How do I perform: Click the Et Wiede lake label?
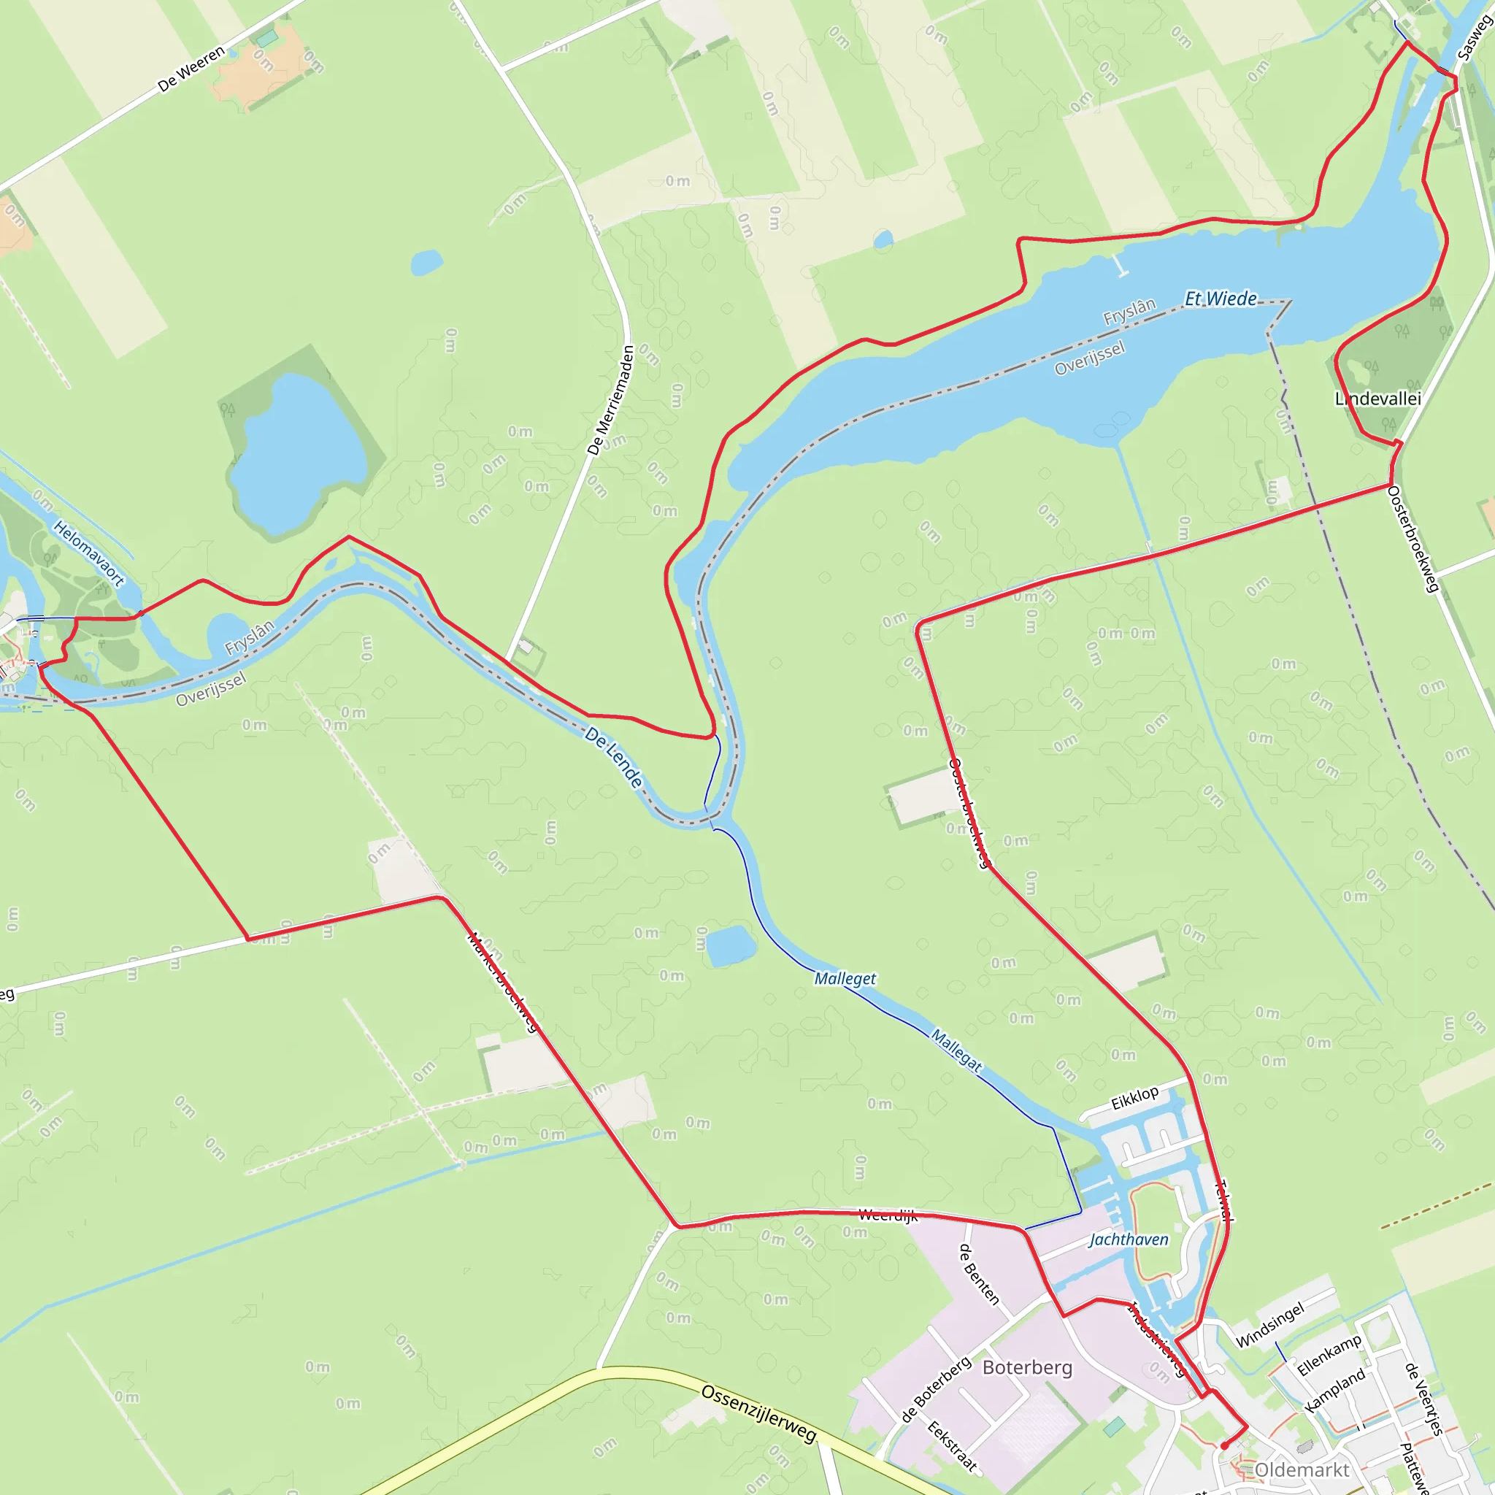[1221, 299]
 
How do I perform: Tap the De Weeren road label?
[191, 69]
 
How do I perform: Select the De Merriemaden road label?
[610, 399]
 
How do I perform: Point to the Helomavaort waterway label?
[88, 553]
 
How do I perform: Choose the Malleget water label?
[845, 979]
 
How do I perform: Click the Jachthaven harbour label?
[1129, 1240]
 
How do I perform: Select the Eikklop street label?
[1135, 1097]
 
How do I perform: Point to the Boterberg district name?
[1028, 1367]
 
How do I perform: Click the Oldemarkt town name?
[1302, 1469]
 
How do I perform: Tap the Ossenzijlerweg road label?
[758, 1413]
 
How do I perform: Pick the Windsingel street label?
[1270, 1324]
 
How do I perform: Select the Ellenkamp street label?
[1329, 1355]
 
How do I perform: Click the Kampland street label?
[1335, 1391]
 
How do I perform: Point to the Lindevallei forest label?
[1378, 399]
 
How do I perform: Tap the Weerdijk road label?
[888, 1215]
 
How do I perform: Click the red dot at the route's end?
[1224, 1445]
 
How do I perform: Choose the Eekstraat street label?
[952, 1446]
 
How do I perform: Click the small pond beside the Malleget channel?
[731, 945]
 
